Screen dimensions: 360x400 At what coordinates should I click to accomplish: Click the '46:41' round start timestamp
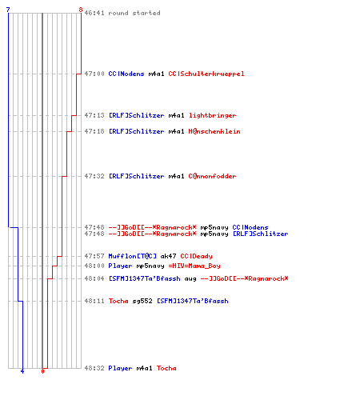pos(94,13)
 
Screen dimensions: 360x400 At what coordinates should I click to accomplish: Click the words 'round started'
pos(134,13)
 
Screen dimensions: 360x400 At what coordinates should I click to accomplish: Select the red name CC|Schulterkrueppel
pos(206,74)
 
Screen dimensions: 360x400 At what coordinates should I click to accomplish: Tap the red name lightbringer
pos(213,115)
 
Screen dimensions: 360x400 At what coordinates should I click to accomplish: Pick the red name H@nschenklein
pos(214,131)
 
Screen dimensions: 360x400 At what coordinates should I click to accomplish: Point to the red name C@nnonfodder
pos(212,176)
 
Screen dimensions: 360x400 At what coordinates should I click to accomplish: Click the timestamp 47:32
pos(94,176)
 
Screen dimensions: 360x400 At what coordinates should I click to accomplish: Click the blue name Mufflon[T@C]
pos(132,256)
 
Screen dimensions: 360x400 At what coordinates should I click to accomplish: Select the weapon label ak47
pos(168,256)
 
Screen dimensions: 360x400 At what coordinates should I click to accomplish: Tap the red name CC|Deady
pos(196,256)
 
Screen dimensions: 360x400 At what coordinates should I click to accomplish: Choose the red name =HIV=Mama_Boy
pos(194,266)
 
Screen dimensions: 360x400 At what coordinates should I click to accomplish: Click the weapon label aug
pos(190,279)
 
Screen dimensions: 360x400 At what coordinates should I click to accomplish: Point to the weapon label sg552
pos(142,301)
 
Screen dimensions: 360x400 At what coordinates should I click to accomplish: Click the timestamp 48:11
pos(94,301)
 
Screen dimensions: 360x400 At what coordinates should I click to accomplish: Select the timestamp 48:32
pos(94,368)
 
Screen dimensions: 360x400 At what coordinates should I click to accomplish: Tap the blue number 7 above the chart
pos(8,10)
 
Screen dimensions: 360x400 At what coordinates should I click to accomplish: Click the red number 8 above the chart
pos(81,10)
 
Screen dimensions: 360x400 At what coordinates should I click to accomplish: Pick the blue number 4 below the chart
pos(22,371)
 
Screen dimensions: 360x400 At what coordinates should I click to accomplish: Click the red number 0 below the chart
pos(42,371)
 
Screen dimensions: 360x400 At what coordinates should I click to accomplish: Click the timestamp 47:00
pos(94,74)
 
